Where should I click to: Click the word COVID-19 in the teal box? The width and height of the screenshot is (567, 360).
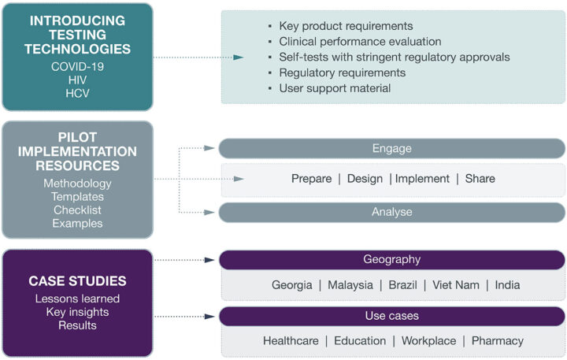(77, 67)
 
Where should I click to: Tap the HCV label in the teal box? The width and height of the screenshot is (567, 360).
(77, 93)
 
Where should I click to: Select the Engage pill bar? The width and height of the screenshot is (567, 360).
(392, 148)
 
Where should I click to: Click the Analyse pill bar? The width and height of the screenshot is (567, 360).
(392, 212)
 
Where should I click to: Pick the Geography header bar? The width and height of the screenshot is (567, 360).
(392, 259)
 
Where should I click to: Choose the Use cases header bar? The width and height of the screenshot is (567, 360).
(392, 316)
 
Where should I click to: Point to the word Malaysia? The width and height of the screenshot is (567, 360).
(350, 285)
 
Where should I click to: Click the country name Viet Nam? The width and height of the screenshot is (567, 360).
(456, 285)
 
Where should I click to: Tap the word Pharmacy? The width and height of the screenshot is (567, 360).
(498, 341)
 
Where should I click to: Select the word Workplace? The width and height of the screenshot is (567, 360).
(429, 341)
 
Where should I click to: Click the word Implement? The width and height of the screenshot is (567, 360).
(422, 179)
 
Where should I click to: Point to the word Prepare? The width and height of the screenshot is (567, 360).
(311, 179)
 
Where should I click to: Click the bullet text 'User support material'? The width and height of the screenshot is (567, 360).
(335, 88)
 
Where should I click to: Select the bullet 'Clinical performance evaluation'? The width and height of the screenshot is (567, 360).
(360, 42)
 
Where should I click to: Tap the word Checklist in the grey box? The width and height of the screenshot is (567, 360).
(77, 210)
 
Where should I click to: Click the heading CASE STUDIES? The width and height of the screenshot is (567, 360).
(77, 281)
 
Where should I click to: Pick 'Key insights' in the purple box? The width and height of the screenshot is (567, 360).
(77, 312)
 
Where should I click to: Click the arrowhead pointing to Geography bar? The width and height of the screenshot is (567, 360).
(209, 260)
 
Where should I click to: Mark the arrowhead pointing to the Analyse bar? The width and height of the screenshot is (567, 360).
(209, 213)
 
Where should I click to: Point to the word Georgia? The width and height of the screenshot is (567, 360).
(292, 285)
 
